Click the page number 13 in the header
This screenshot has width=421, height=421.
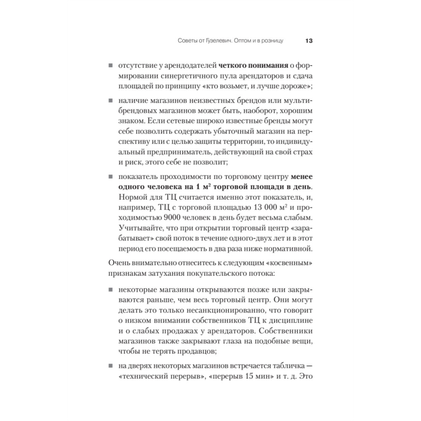(x=307, y=41)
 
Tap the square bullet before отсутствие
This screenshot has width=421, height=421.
(x=110, y=66)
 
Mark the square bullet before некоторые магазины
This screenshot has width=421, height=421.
(x=110, y=290)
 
